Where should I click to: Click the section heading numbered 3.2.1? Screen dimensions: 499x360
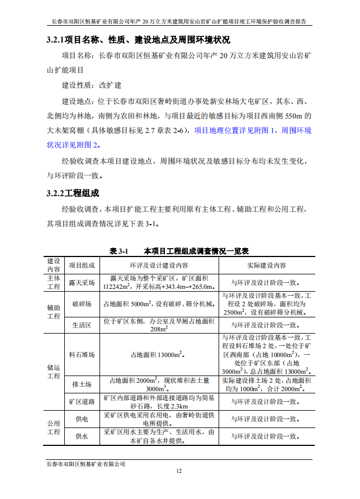tap(138, 40)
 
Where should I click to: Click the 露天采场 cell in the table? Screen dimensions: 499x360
tap(82, 283)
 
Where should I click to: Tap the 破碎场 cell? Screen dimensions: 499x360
tap(82, 304)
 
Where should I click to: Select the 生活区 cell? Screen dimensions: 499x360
tap(82, 325)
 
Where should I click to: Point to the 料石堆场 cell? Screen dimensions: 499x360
tap(82, 354)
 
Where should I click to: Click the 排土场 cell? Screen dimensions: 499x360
tap(82, 384)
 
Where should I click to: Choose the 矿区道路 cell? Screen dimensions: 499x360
tap(82, 401)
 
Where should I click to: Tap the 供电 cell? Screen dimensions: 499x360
tap(82, 418)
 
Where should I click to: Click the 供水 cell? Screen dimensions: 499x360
tap(82, 436)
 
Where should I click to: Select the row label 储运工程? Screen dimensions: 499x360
tap(54, 372)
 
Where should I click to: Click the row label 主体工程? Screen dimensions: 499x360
tap(54, 283)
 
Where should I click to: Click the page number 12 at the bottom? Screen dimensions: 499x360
tap(179, 471)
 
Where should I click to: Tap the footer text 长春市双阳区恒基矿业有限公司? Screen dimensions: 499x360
tap(85, 463)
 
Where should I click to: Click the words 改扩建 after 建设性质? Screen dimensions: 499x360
tap(110, 85)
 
